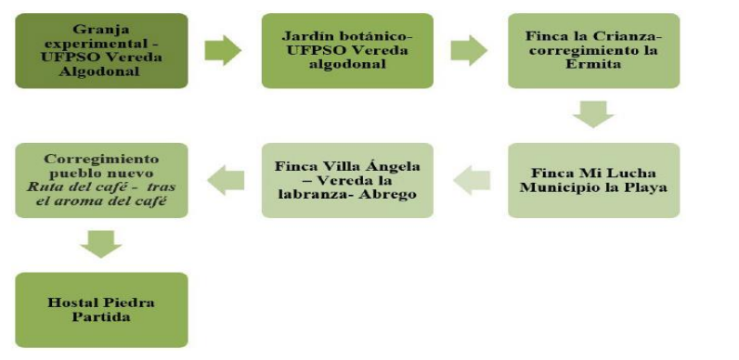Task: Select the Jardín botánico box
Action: pos(346,50)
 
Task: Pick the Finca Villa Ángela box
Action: pos(346,180)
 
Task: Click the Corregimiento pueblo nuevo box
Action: pos(101,180)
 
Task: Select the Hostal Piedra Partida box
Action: pos(101,308)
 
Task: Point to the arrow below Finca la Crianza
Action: pos(594,114)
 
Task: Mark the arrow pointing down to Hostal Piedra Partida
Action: pos(100,243)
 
